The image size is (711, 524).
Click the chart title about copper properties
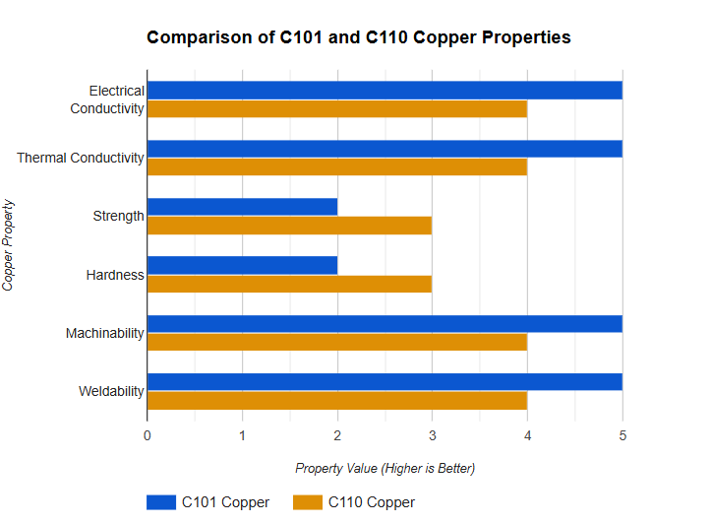click(x=358, y=37)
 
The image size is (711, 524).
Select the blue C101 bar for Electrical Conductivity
click(x=385, y=91)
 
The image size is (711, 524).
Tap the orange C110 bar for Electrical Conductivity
click(x=337, y=108)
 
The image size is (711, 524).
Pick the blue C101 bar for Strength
click(x=242, y=207)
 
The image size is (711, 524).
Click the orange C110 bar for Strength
click(x=289, y=226)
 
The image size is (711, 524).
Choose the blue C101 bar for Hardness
click(x=242, y=266)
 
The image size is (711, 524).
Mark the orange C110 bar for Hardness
click(x=289, y=284)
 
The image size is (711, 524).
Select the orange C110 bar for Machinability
click(x=337, y=342)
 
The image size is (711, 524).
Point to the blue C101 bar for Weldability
click(x=385, y=382)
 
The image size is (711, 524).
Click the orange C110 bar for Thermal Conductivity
click(x=337, y=166)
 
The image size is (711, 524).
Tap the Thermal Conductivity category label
click(x=81, y=158)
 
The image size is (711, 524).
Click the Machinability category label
click(x=105, y=333)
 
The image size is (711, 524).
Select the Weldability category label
click(x=111, y=392)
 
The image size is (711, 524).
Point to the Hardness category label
click(x=116, y=275)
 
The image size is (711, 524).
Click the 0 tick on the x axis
click(x=148, y=435)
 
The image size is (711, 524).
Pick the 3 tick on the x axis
click(x=432, y=435)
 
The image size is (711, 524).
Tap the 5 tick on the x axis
click(x=622, y=435)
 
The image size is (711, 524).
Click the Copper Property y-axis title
click(x=9, y=244)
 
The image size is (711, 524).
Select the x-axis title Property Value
click(x=385, y=468)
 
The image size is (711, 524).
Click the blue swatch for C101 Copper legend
click(x=161, y=502)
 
